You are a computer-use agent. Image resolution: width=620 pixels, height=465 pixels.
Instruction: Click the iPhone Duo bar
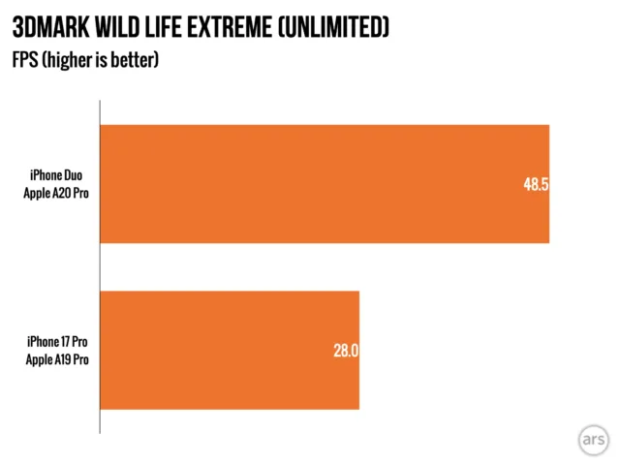pyautogui.click(x=325, y=184)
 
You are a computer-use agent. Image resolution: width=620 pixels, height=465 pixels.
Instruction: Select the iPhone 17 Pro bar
pyautogui.click(x=230, y=351)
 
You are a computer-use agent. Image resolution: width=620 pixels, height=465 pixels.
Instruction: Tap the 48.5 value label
pyautogui.click(x=536, y=184)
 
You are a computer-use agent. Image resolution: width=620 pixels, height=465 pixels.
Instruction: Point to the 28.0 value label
pyautogui.click(x=346, y=351)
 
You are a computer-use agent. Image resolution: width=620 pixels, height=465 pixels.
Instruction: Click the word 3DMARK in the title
pyautogui.click(x=51, y=28)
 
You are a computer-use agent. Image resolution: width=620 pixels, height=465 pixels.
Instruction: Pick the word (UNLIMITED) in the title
pyautogui.click(x=333, y=28)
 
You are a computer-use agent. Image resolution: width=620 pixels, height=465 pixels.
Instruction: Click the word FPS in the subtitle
pyautogui.click(x=25, y=60)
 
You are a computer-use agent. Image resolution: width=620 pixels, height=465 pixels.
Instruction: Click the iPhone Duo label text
pyautogui.click(x=56, y=175)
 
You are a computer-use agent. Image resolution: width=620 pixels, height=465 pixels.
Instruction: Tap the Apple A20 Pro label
pyautogui.click(x=56, y=194)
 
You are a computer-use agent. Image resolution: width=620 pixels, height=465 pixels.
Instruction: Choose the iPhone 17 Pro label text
pyautogui.click(x=57, y=342)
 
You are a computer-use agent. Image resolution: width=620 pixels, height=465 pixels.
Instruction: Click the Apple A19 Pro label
pyautogui.click(x=57, y=359)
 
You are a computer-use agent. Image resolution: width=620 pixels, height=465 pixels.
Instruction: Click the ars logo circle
pyautogui.click(x=594, y=440)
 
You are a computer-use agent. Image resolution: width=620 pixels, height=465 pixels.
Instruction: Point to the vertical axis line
pyautogui.click(x=100, y=267)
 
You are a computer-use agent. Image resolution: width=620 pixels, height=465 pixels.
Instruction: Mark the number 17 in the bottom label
pyautogui.click(x=66, y=342)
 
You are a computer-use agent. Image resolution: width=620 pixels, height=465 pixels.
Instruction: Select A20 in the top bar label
pyautogui.click(x=64, y=194)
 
